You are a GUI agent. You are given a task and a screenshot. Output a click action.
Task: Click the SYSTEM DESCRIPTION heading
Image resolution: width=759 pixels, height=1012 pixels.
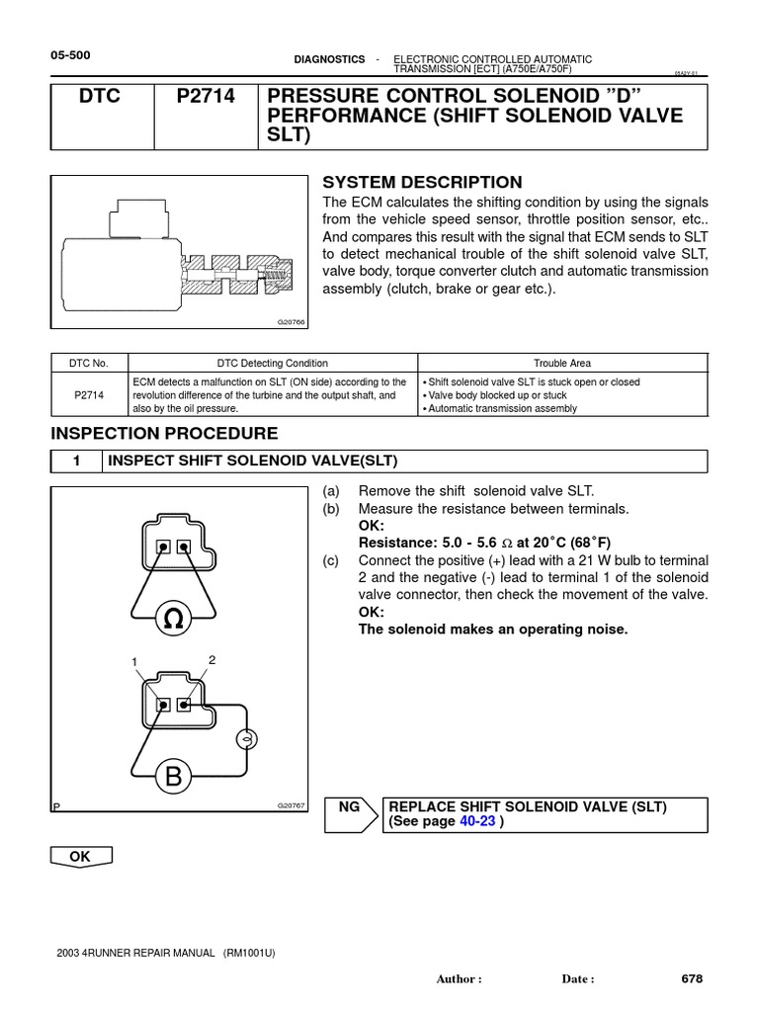click(x=422, y=182)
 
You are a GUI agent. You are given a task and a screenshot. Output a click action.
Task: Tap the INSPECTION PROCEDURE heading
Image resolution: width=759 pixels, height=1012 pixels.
click(x=164, y=434)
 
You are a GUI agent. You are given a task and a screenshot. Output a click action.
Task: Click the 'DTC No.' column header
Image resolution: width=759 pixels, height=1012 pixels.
click(x=89, y=364)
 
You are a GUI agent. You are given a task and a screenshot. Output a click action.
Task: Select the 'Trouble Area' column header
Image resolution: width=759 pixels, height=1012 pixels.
click(x=562, y=364)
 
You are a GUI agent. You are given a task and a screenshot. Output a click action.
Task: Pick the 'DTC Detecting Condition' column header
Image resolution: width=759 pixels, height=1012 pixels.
click(x=273, y=364)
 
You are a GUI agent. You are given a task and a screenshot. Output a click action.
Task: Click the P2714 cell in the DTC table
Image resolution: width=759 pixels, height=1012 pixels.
click(x=89, y=394)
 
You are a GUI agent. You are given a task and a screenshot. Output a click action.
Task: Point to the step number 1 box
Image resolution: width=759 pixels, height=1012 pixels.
click(x=75, y=462)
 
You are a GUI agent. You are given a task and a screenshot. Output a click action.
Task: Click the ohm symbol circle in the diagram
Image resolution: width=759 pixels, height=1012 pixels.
click(x=174, y=620)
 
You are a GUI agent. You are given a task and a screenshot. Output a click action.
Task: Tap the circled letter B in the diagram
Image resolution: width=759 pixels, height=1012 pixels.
click(x=174, y=778)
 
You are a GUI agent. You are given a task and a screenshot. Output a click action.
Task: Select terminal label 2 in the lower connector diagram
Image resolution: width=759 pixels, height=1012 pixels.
click(x=211, y=658)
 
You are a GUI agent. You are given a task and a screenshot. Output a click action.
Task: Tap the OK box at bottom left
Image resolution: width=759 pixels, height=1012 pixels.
click(x=79, y=857)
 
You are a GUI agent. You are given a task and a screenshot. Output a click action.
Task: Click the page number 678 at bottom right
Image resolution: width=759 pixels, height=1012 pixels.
click(x=692, y=978)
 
